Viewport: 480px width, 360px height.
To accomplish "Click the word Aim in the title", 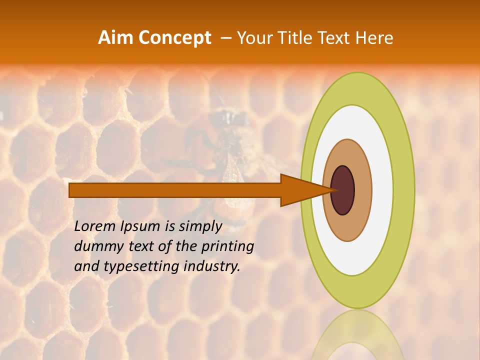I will (x=116, y=38).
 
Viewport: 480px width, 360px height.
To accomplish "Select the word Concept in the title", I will (x=174, y=38).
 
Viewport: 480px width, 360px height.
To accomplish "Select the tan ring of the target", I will (x=362, y=190).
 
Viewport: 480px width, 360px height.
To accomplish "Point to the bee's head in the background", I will (x=230, y=118).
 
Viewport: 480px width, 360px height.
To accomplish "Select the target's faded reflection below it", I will (x=357, y=335).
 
